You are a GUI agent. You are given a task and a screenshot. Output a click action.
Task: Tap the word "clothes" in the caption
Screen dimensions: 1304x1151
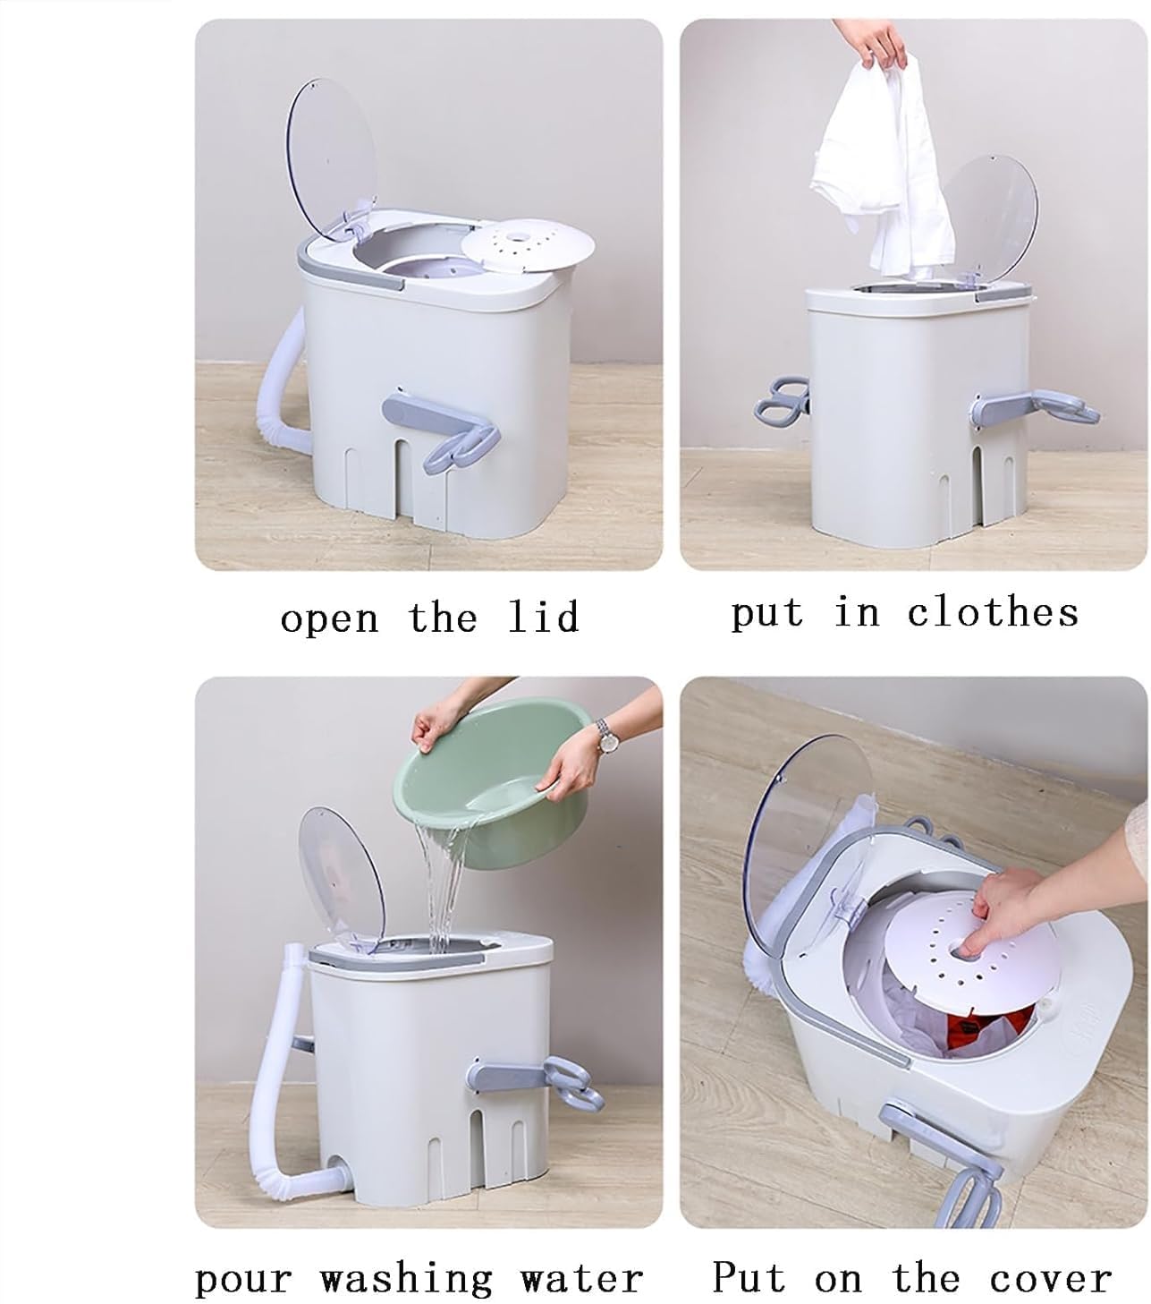click(x=993, y=613)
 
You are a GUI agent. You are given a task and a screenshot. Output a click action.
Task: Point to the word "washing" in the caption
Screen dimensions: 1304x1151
click(x=407, y=1278)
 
